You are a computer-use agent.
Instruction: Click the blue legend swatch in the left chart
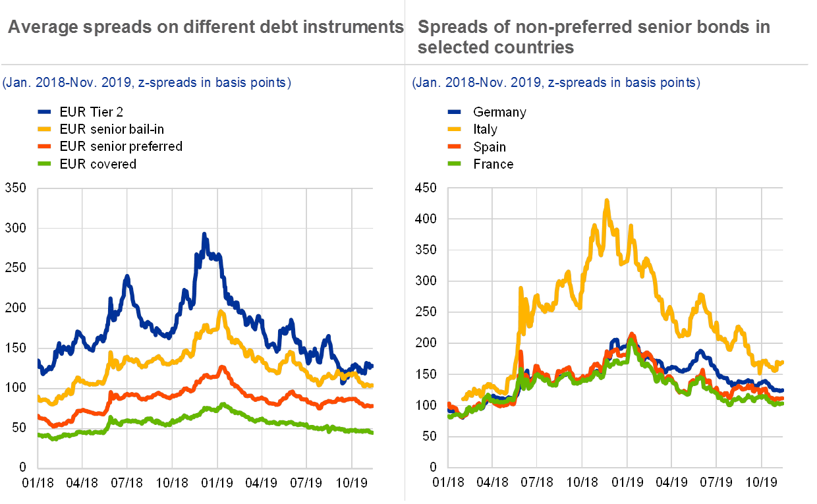click(45, 112)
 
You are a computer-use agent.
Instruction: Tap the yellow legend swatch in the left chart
click(45, 129)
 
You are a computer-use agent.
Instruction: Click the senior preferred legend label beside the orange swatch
click(125, 146)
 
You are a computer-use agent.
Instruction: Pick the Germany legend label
click(499, 112)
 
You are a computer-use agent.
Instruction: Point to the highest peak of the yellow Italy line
click(606, 200)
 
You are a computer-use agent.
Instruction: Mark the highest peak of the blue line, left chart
click(204, 233)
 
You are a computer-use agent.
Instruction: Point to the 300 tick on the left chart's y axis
click(24, 228)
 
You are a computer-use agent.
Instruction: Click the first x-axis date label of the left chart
click(39, 483)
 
